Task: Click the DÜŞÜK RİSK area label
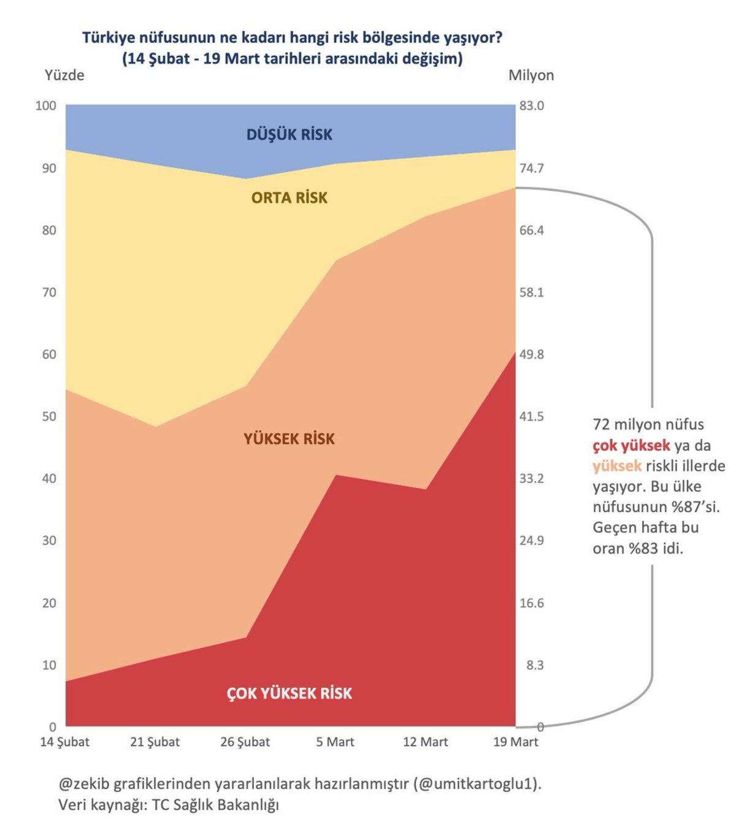coord(289,135)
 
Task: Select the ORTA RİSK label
coord(289,198)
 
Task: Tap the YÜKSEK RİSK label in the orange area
coord(289,439)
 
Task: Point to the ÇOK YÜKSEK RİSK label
coord(289,693)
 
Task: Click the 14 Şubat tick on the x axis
coord(65,742)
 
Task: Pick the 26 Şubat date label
coord(245,742)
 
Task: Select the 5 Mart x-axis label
coord(335,742)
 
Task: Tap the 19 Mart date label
coord(516,742)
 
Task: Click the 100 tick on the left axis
coord(46,105)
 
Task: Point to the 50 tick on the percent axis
coord(49,416)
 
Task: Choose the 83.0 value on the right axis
coord(531,105)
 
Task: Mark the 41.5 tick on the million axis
coord(531,416)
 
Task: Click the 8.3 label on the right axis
coord(534,665)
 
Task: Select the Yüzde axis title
coord(64,75)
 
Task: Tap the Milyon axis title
coord(531,75)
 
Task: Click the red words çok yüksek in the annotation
coord(631,446)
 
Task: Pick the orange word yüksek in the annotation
coord(617,466)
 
